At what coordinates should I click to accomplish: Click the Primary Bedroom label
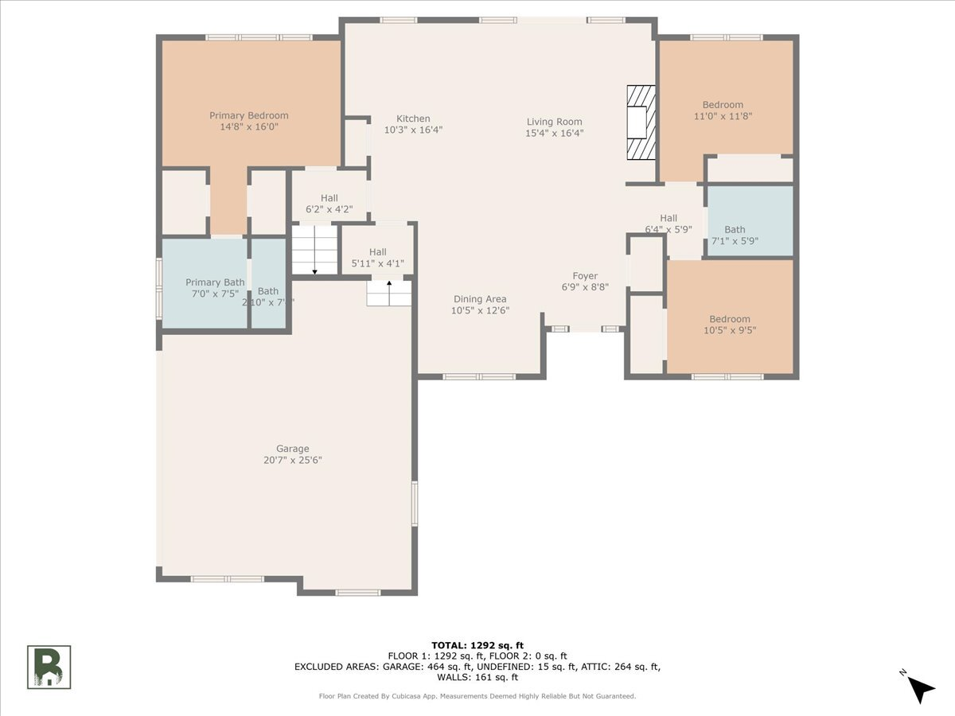248,115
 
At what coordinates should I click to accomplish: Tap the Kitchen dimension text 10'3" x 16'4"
413,130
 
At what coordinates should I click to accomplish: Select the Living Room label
554,122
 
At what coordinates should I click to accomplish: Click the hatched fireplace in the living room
640,123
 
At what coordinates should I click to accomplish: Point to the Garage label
292,449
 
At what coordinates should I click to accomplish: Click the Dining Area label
480,299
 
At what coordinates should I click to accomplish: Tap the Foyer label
585,277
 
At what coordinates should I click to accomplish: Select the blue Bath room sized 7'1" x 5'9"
750,221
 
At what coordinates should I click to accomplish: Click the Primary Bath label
215,282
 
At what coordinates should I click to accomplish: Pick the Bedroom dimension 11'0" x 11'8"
723,116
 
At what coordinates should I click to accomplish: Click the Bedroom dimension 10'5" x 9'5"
730,330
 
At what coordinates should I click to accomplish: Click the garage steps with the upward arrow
389,293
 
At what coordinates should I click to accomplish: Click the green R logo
49,667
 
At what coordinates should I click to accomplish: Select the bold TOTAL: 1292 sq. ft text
477,645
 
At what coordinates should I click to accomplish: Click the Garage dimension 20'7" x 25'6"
292,460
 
